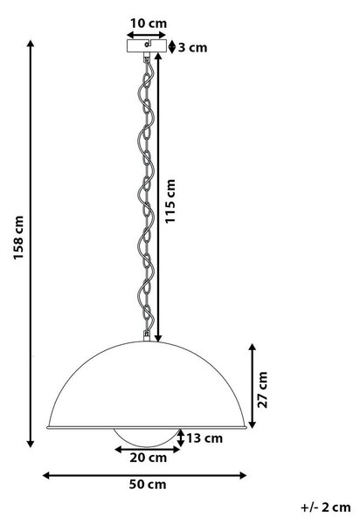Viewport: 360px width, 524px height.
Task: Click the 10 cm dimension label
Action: point(148,24)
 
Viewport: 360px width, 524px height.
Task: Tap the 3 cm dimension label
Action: point(192,47)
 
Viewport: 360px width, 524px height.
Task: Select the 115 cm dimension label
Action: point(170,201)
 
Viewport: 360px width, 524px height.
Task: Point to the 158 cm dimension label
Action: point(18,238)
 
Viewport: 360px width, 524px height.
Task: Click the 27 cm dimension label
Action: point(263,390)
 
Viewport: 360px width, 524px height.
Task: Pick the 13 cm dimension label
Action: point(204,438)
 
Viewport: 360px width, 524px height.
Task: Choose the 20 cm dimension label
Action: point(148,458)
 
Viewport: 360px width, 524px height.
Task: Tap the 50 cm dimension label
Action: point(148,484)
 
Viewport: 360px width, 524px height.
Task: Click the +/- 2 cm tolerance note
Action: point(326,507)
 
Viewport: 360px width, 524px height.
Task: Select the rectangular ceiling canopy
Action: point(147,45)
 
